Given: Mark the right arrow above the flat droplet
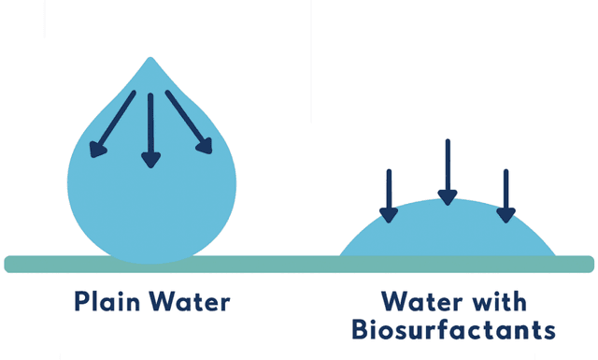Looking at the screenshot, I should click(x=505, y=195).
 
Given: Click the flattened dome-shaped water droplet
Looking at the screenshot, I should click(x=448, y=234).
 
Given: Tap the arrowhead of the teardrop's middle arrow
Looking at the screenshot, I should click(x=149, y=160).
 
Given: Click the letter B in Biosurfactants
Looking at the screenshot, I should click(x=360, y=330).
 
